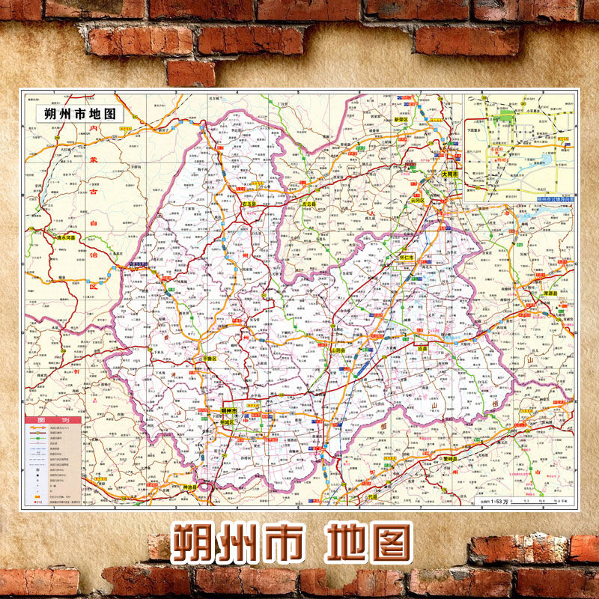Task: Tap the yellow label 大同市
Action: pos(449,173)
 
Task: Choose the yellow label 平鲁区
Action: pos(208,358)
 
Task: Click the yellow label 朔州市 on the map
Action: pos(229,411)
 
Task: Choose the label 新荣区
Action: pos(401,119)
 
